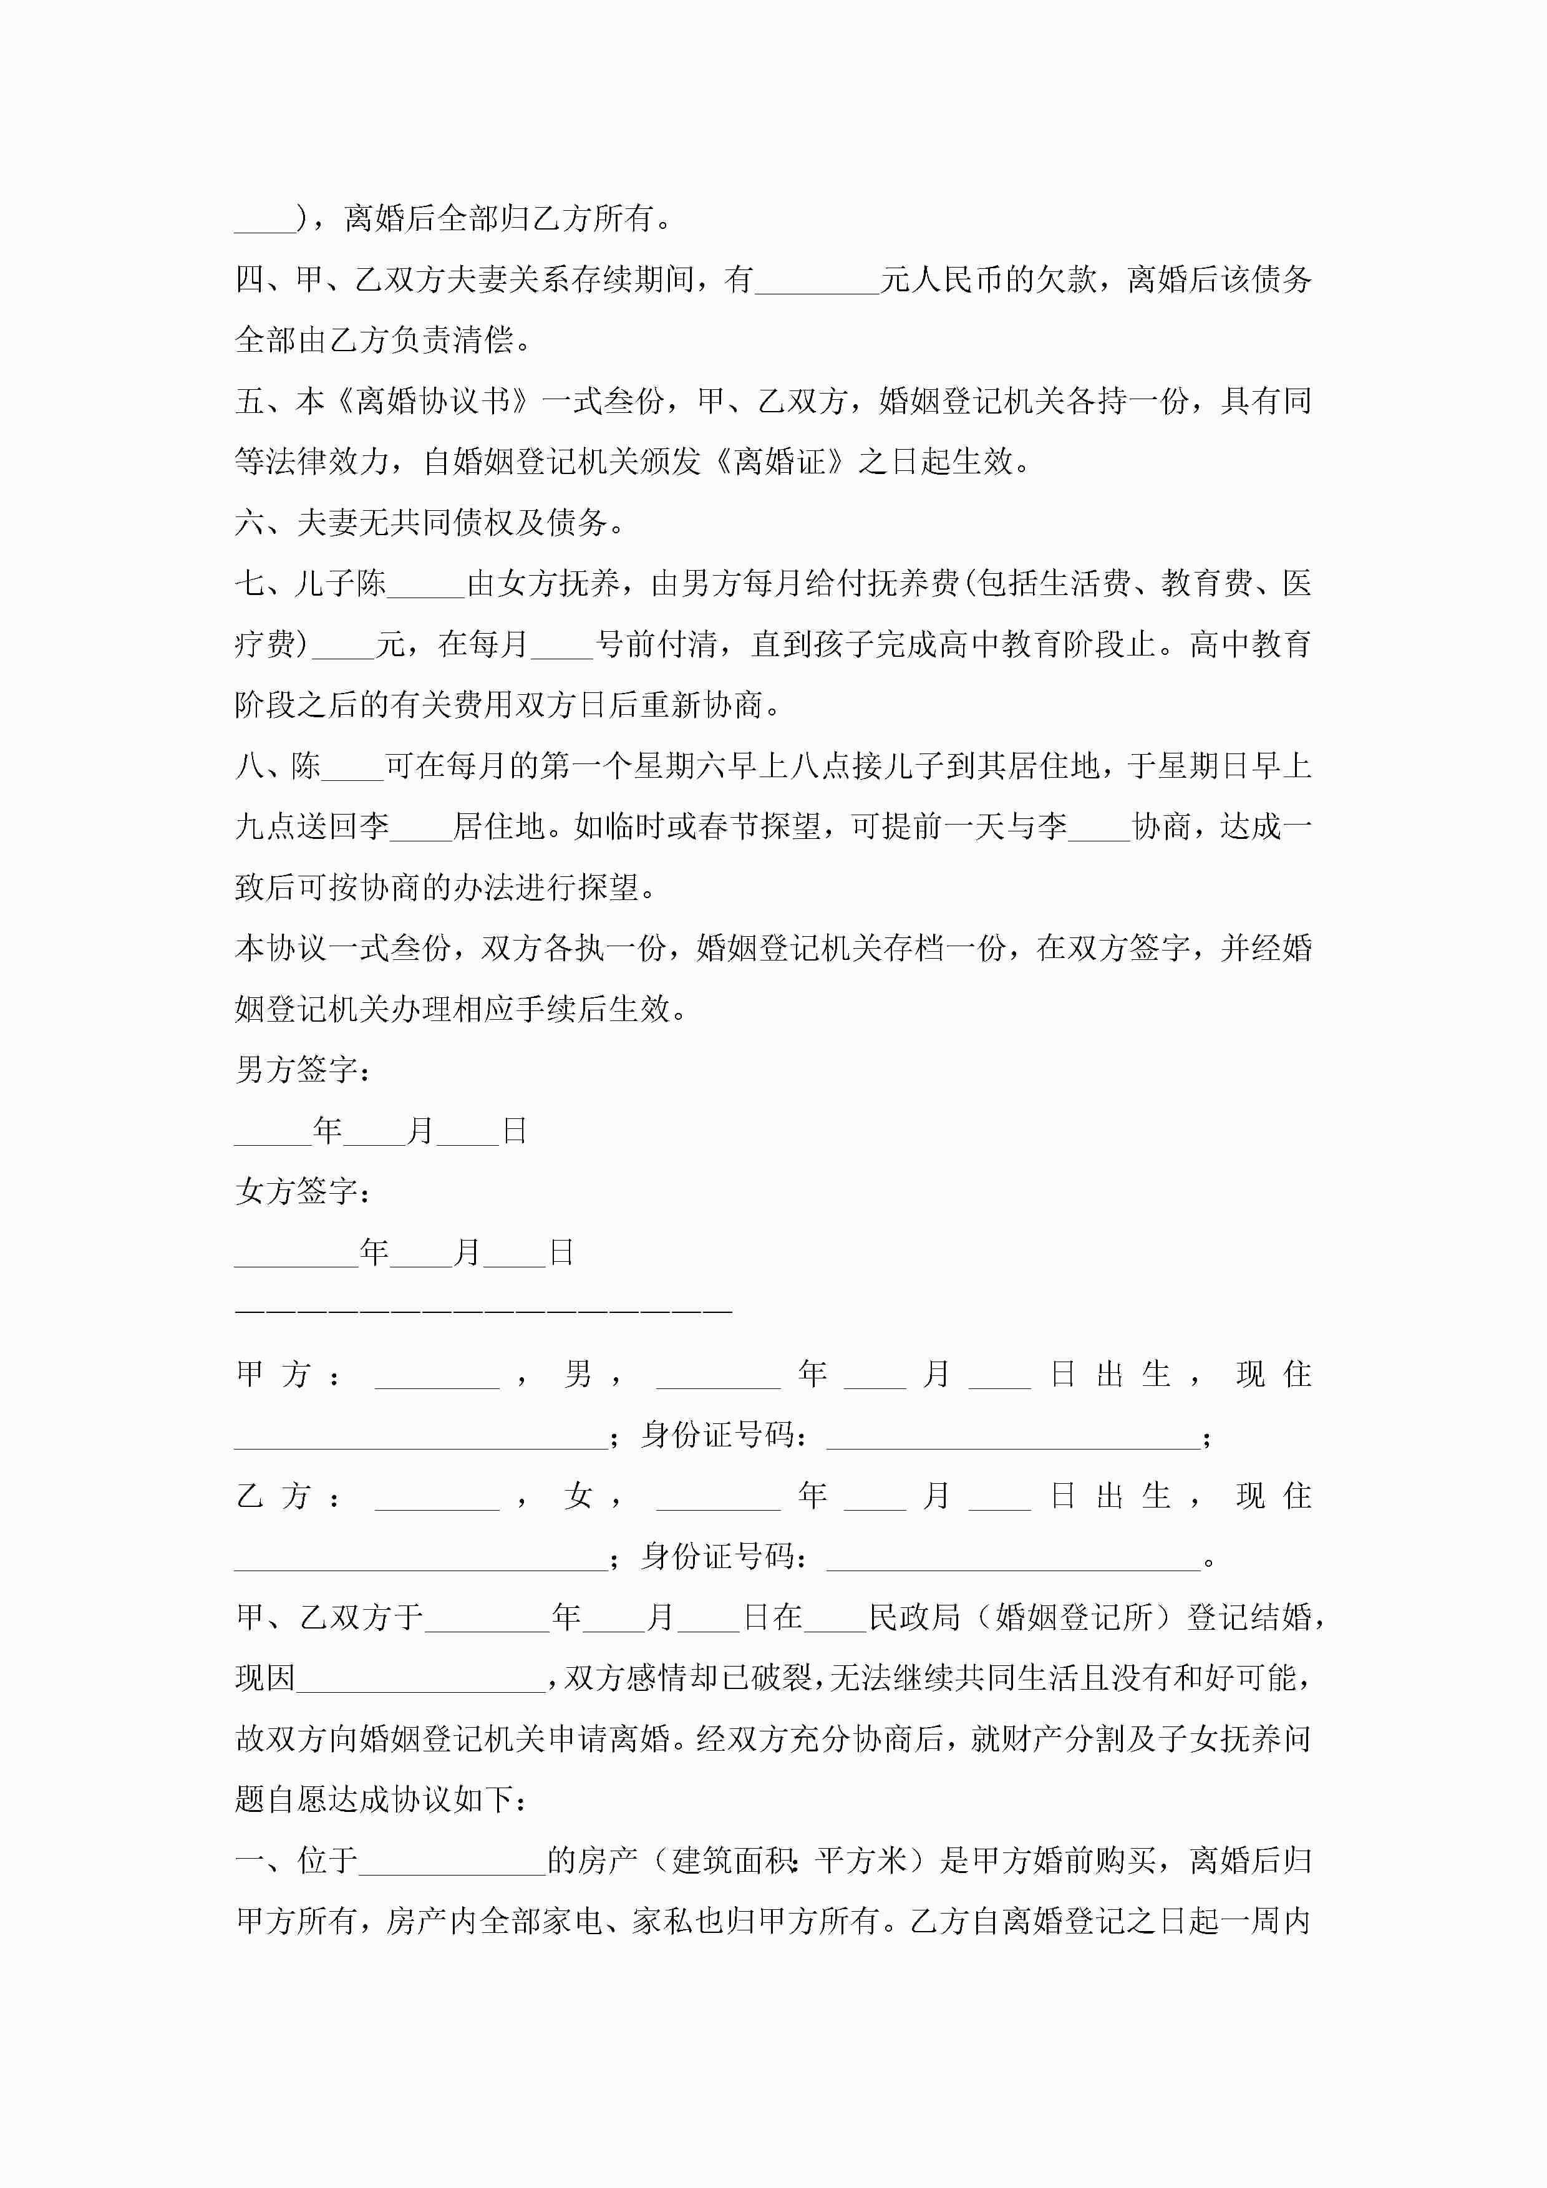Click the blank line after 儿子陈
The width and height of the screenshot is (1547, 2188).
(426, 585)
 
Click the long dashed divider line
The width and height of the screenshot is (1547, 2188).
(483, 1312)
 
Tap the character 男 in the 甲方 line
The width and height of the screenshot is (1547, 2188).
(578, 1374)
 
